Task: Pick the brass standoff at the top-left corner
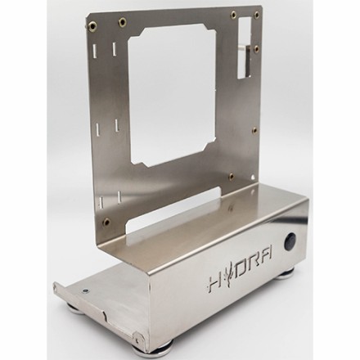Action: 92,25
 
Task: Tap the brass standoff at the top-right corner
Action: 257,14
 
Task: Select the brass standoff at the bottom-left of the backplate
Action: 106,222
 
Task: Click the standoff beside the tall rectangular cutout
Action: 256,48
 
